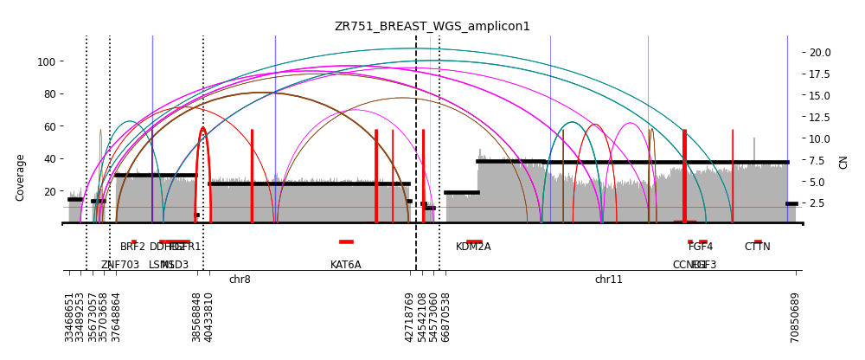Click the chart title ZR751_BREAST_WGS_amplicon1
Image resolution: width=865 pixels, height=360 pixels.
coord(432,26)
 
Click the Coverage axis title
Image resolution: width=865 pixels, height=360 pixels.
coord(21,177)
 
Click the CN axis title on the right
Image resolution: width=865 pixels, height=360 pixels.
coord(843,162)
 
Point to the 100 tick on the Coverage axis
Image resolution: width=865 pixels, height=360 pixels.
coord(47,61)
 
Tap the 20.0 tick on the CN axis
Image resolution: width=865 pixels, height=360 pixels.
coord(820,52)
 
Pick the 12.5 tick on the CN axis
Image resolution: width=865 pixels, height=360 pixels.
coord(820,117)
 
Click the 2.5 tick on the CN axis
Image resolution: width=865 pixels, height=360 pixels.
coord(817,203)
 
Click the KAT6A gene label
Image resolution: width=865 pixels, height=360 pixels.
coord(346,265)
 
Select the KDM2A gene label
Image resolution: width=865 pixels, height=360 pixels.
coord(473,247)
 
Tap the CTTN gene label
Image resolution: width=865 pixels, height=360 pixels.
coord(757,247)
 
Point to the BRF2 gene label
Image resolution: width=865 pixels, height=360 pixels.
coord(132,247)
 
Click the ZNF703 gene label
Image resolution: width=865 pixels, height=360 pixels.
coord(120,265)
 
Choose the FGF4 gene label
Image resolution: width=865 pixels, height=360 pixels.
coord(701,247)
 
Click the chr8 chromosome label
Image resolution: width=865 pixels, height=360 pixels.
coord(240,280)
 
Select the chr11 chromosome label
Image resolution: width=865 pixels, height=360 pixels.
coord(608,280)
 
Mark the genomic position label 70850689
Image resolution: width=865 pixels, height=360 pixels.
coord(795,317)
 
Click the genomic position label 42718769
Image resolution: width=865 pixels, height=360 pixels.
coord(410,317)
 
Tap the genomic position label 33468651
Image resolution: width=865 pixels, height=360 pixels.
coord(69,317)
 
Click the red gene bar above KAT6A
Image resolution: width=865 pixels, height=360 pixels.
coord(346,241)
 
